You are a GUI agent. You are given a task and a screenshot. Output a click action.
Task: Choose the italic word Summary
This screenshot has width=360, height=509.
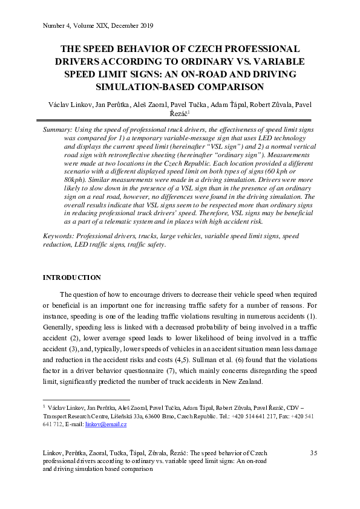57,130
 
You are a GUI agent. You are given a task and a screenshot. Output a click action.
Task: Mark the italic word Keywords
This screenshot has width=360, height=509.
59,236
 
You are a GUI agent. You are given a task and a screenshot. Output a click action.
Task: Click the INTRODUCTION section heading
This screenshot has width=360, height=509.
71,277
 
